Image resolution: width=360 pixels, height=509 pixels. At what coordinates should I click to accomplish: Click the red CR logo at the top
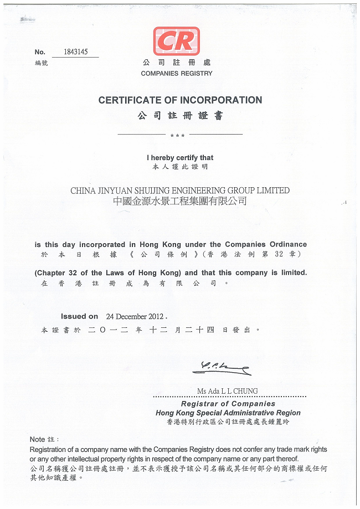click(176, 41)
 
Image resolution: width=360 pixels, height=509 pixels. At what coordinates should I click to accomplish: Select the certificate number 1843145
click(75, 52)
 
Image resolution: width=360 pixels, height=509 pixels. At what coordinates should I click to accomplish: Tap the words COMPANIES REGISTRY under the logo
click(176, 73)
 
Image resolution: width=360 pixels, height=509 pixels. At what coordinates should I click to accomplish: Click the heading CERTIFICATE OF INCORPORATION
click(180, 100)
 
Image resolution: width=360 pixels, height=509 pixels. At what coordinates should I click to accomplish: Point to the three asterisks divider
click(178, 136)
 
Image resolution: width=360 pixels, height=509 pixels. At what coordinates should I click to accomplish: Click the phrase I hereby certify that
click(179, 158)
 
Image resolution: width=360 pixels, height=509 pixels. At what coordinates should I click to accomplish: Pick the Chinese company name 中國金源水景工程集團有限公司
click(179, 202)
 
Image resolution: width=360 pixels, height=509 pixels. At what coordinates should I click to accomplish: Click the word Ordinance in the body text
click(287, 244)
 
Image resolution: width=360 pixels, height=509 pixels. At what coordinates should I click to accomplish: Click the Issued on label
click(79, 316)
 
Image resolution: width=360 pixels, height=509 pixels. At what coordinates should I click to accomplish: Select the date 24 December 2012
click(135, 317)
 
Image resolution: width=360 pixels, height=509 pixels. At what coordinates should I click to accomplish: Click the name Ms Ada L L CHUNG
click(227, 391)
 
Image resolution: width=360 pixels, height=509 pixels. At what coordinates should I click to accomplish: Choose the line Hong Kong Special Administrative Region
click(228, 413)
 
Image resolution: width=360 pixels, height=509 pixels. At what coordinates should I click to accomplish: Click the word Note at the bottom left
click(37, 439)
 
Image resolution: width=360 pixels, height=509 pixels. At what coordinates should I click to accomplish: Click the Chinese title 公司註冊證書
click(179, 116)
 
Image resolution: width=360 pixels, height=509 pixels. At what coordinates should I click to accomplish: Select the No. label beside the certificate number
click(40, 52)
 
